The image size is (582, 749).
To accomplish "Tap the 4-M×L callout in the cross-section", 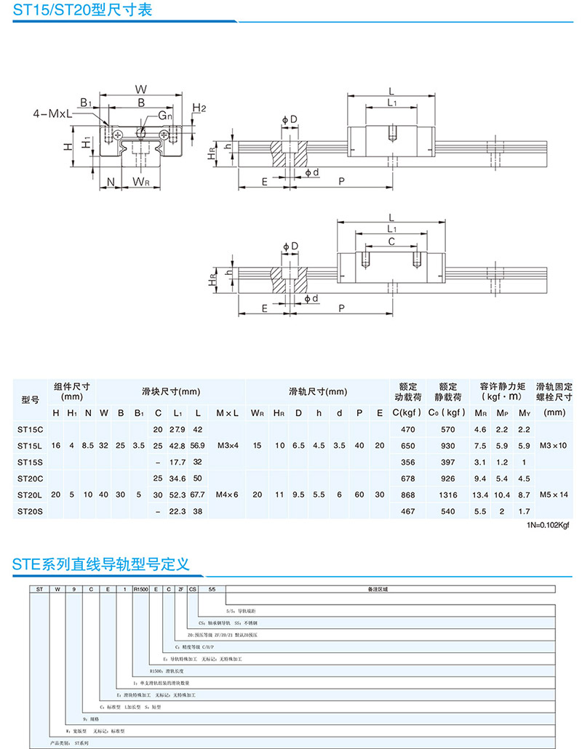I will click(x=52, y=114).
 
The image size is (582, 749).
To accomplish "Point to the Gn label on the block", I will click(x=166, y=116).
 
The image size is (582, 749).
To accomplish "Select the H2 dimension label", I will click(x=199, y=108).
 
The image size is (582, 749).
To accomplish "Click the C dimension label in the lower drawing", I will click(x=391, y=241).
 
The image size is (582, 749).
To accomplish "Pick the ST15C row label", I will click(x=31, y=430).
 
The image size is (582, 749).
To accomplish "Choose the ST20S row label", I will click(x=31, y=511).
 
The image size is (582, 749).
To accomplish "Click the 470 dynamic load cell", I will click(x=407, y=430).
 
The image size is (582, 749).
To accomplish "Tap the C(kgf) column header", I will click(x=407, y=413).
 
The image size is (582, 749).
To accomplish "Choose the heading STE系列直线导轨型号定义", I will click(x=101, y=564).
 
